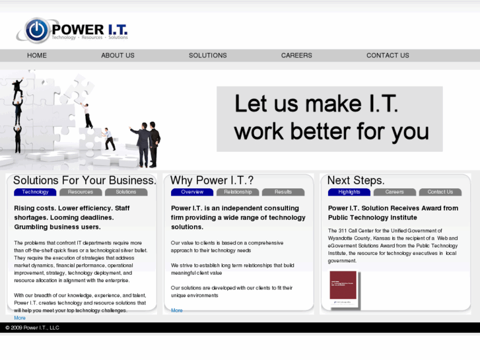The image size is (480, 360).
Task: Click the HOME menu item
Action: (x=37, y=55)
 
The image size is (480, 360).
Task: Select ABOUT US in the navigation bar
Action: (x=118, y=55)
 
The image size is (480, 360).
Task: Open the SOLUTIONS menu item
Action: (x=207, y=55)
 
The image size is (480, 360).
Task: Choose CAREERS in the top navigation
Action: (x=296, y=55)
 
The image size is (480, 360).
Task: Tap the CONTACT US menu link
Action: (x=388, y=55)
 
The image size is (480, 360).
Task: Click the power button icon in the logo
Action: (x=36, y=30)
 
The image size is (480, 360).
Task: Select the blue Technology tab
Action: (x=35, y=192)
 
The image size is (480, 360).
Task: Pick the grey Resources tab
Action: (x=81, y=192)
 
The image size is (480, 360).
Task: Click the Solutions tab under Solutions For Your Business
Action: (x=126, y=192)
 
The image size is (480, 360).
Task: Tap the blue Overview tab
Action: (x=192, y=192)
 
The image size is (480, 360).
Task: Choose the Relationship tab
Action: (x=238, y=192)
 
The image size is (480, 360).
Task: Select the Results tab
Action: (x=283, y=192)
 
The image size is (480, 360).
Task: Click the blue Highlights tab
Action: (x=349, y=192)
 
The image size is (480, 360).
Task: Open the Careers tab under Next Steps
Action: (x=395, y=192)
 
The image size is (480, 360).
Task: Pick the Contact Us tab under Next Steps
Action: (x=440, y=192)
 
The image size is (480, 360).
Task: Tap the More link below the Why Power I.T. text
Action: (x=177, y=310)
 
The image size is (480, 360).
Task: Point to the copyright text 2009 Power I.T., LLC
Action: (x=32, y=328)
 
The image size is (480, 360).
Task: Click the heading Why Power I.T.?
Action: (x=212, y=180)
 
